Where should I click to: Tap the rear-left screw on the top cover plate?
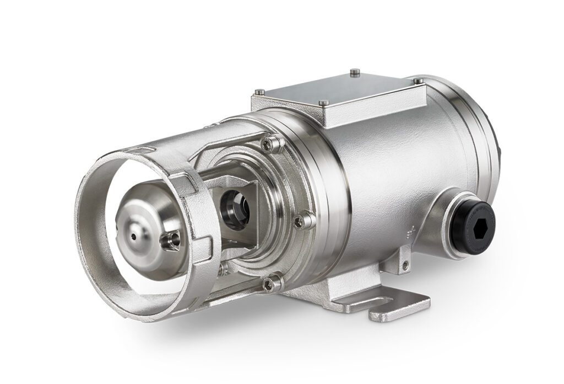tap(355, 70)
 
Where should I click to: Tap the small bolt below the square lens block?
tap(224, 269)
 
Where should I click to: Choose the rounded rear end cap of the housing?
tap(485, 143)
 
